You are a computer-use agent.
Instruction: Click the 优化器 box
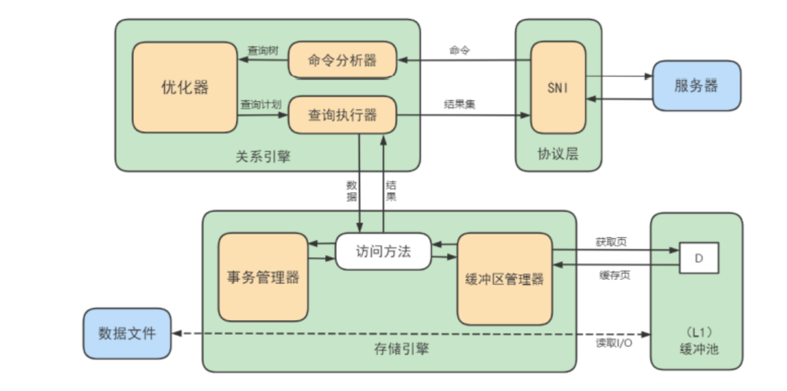click(x=185, y=87)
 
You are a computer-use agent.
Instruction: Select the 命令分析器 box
click(x=342, y=60)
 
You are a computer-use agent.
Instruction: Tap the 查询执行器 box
click(x=342, y=115)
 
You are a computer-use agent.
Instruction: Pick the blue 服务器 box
click(x=696, y=86)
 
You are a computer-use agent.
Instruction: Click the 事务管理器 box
click(x=263, y=277)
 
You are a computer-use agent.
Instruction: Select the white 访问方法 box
click(x=383, y=251)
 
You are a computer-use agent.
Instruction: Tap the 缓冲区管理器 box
click(x=504, y=279)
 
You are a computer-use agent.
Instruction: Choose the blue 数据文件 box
click(x=127, y=333)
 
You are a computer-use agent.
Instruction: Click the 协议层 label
click(x=558, y=154)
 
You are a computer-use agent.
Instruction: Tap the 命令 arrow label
click(x=459, y=51)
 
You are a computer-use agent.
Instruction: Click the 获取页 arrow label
click(x=611, y=241)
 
